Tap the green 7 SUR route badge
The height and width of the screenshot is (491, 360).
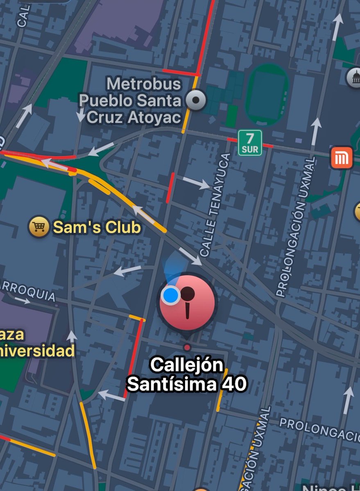point(250,142)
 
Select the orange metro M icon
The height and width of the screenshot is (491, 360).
point(342,158)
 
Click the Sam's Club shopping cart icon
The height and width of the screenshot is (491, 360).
point(39,227)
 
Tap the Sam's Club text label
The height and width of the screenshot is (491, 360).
point(97,227)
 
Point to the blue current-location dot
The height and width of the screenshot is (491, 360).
point(170,295)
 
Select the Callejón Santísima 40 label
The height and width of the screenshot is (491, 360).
point(187,374)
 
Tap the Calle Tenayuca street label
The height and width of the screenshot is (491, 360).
point(215,205)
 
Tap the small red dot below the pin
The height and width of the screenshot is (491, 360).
point(187,347)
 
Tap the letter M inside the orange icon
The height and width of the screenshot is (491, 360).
point(342,158)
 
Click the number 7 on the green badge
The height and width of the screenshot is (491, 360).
point(250,137)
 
